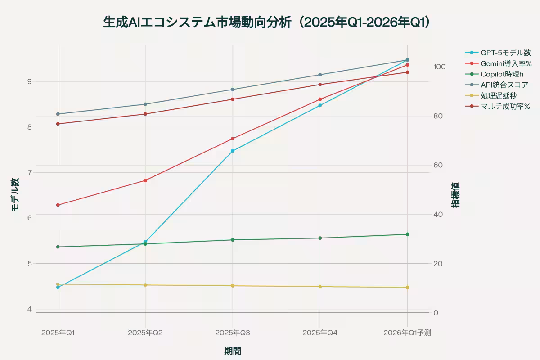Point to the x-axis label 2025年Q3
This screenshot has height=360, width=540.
pyautogui.click(x=233, y=333)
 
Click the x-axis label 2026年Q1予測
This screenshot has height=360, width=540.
pyautogui.click(x=407, y=333)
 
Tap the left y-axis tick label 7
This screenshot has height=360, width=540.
pyautogui.click(x=30, y=173)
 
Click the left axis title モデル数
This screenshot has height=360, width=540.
pyautogui.click(x=15, y=195)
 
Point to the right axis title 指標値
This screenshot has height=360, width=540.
pyautogui.click(x=456, y=195)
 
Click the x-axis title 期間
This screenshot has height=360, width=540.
pyautogui.click(x=233, y=351)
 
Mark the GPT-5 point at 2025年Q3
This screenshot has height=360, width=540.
pyautogui.click(x=233, y=151)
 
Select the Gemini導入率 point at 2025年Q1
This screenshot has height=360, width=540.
pyautogui.click(x=58, y=205)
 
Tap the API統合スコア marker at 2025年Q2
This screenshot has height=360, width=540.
pyautogui.click(x=145, y=104)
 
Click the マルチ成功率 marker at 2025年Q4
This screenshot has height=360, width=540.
pyautogui.click(x=320, y=85)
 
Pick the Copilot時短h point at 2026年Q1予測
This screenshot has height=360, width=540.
pyautogui.click(x=407, y=234)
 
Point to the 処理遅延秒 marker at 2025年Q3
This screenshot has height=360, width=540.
pyautogui.click(x=233, y=286)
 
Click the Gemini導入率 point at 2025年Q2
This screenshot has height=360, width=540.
pyautogui.click(x=145, y=180)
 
